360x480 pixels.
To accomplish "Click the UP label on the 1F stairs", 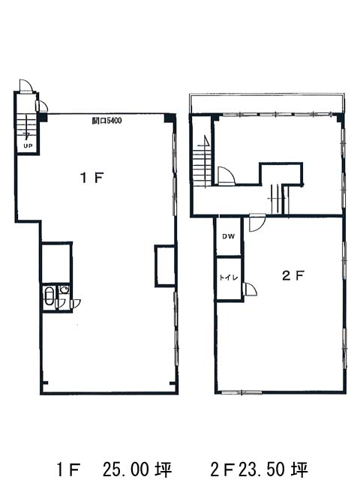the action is pos(28,146).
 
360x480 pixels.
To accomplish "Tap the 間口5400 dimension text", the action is pos(106,121).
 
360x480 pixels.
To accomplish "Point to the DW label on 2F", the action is pos(228,236).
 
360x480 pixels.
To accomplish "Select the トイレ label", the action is pos(228,277).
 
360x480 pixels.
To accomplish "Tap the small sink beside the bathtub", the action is pos(64,289).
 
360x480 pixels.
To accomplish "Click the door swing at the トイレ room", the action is pos(250,289).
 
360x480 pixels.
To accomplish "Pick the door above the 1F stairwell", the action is pos(25,85).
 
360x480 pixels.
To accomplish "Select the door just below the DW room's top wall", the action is pos(256,223).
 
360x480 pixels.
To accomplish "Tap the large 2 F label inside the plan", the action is pos(292,276).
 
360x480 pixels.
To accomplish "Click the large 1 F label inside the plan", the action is pos(91,178).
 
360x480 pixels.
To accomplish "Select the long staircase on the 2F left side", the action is pos(202,165).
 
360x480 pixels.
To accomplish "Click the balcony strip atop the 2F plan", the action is pos(266,103).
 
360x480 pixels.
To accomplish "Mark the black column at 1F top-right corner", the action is pos(170,118).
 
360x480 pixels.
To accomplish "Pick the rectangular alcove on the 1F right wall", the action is pos(165,265).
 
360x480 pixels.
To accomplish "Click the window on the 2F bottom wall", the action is pos(241,392).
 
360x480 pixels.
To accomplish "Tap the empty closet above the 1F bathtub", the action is pos(56,262).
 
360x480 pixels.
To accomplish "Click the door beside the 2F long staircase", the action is pos(226,175).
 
